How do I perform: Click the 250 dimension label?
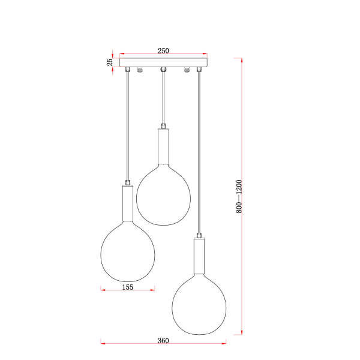(163, 50)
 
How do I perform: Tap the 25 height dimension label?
(110, 62)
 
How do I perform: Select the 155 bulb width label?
(127, 287)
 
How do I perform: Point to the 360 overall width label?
(163, 340)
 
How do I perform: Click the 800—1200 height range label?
(239, 197)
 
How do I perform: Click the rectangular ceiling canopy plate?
(163, 62)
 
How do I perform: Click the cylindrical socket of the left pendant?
(128, 203)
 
